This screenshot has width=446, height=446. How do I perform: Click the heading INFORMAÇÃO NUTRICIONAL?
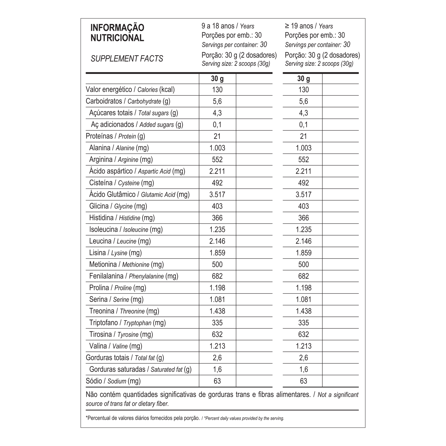point(117,33)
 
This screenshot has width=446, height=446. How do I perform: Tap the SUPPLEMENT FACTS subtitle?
point(127,59)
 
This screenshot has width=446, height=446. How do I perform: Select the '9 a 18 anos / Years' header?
point(228,26)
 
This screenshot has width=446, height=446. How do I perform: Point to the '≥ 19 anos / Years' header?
point(309,26)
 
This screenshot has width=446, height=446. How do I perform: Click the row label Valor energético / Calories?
point(130,90)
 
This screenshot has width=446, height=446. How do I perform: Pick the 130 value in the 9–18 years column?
point(217,90)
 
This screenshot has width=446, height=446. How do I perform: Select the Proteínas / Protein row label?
point(115,136)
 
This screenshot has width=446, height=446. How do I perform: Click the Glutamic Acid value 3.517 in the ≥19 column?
point(303,195)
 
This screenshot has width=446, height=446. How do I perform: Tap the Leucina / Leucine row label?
point(120,241)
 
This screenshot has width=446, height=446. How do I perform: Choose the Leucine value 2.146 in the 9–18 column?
point(217,241)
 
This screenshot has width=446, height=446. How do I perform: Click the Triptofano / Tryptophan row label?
point(127,323)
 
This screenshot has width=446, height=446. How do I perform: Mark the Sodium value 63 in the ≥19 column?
point(303,381)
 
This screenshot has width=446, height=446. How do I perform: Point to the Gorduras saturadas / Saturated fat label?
point(140,370)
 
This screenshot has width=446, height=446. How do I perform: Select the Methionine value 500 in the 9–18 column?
point(217,265)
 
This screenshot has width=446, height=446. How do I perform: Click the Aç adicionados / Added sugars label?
point(137,125)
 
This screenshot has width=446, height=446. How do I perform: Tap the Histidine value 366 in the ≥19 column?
point(303,218)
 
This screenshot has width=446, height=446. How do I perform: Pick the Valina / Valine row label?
point(116,346)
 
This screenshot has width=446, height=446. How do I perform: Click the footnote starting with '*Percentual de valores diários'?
point(185,418)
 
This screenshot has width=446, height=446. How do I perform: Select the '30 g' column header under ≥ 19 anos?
point(303,79)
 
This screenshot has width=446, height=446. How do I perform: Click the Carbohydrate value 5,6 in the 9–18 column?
point(217,101)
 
